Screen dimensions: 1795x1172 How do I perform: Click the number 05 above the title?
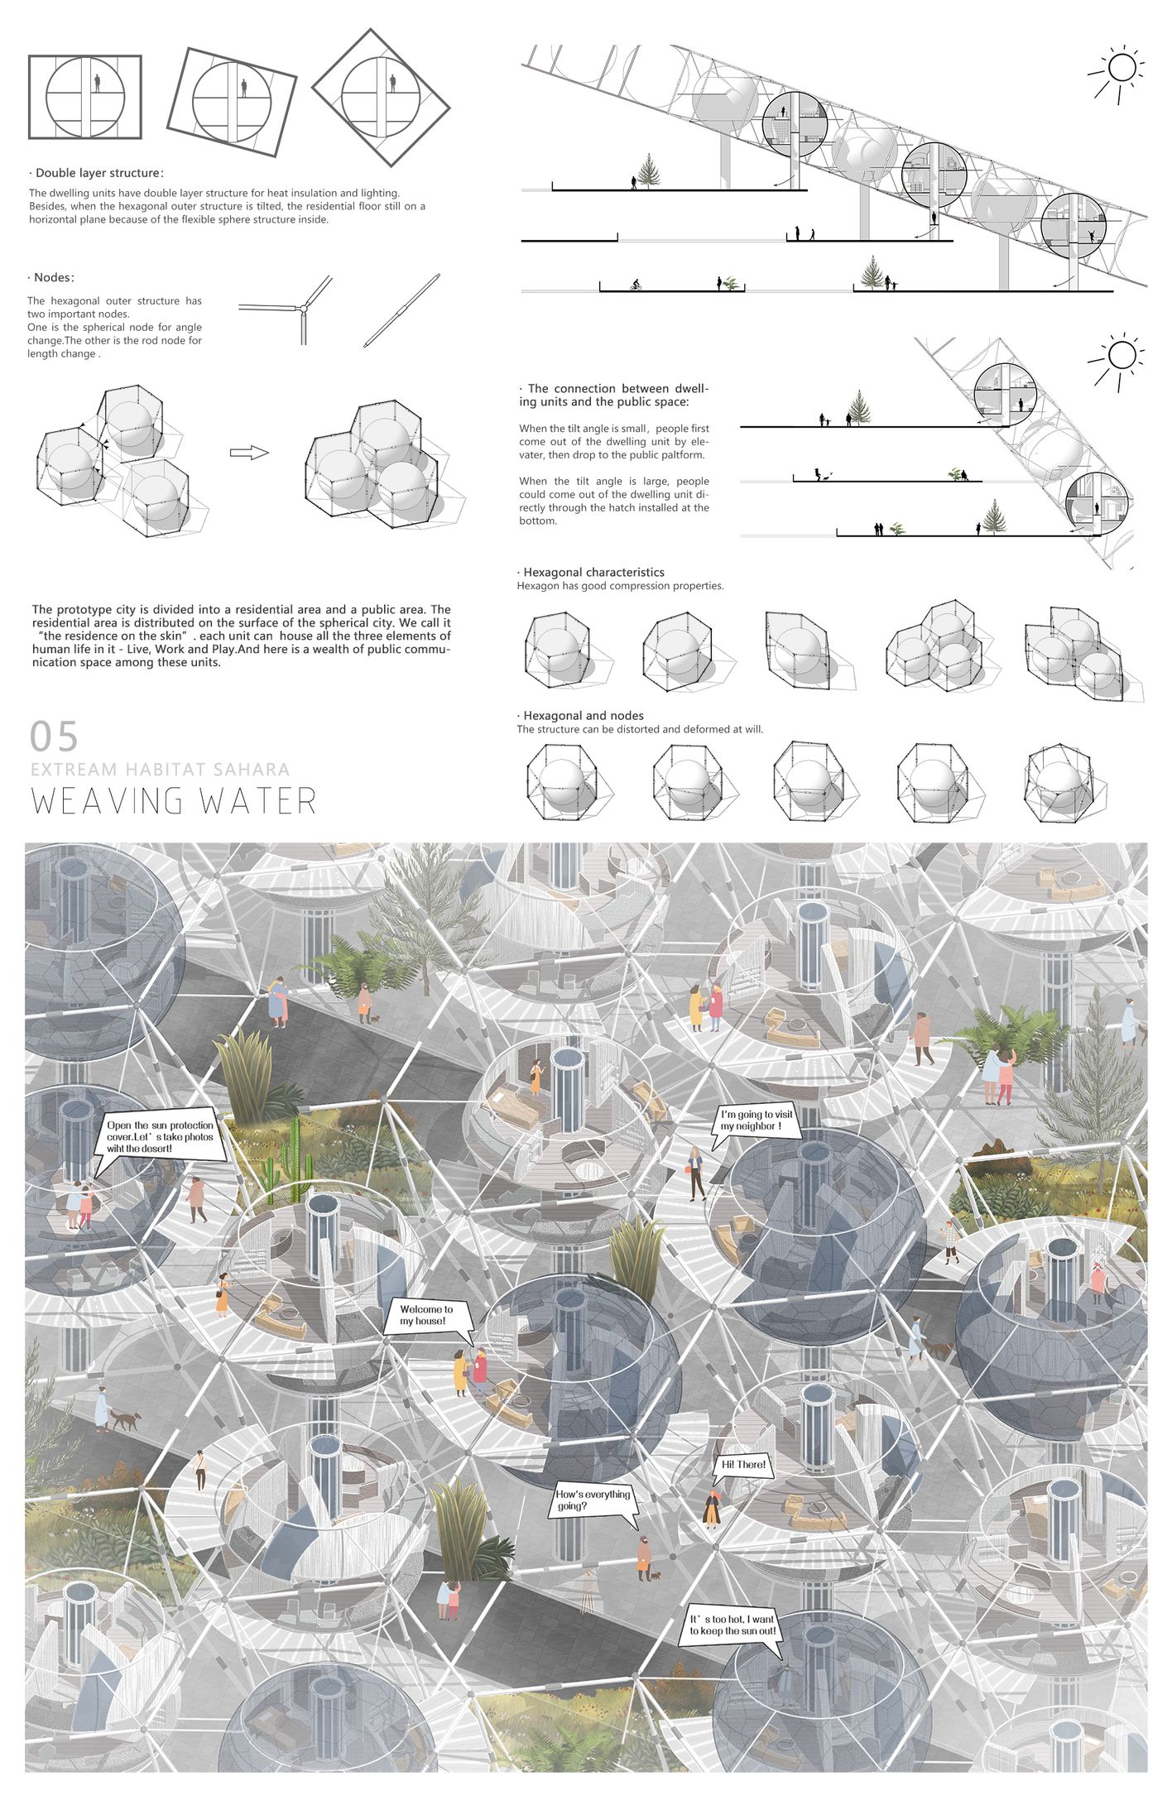[x=54, y=736]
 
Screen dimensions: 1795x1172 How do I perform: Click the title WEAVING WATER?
[x=174, y=801]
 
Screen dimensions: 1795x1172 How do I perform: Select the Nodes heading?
[x=53, y=277]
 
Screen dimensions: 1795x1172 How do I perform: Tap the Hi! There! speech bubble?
[x=743, y=1465]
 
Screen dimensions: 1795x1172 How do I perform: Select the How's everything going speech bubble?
[x=593, y=1500]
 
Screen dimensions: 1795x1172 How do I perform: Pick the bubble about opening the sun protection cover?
[x=160, y=1136]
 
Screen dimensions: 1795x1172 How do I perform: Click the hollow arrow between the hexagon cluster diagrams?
[x=249, y=453]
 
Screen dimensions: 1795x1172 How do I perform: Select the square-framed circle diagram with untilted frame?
[x=85, y=96]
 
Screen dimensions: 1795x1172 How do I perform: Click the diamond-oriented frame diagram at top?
[x=381, y=97]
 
